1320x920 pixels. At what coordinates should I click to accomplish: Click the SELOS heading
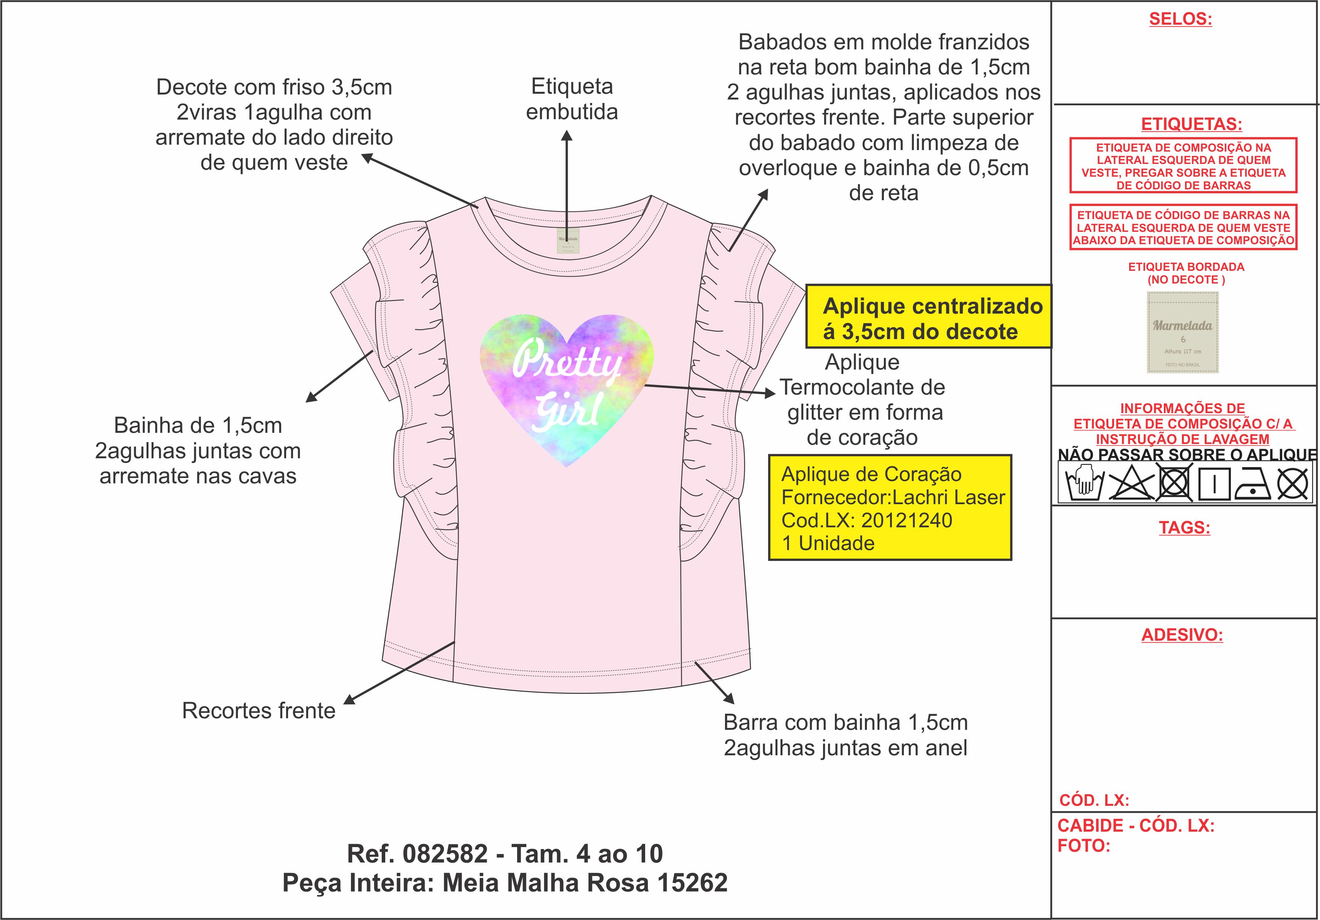(1180, 19)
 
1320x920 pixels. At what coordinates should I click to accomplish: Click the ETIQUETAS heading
(1191, 124)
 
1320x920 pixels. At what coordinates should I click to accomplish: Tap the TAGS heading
(1184, 527)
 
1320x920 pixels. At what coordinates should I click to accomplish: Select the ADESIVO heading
(1182, 635)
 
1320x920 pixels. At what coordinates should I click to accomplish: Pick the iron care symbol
(1253, 484)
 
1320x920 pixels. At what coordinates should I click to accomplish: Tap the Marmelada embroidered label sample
(1183, 333)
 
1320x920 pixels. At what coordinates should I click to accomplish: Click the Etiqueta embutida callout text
(572, 99)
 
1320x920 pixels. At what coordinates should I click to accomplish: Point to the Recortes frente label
(259, 711)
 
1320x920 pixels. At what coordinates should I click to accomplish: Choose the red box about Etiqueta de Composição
(1183, 165)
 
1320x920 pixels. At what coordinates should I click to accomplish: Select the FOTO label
(1084, 846)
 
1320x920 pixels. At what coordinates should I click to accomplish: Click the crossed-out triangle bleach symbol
(1131, 484)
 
